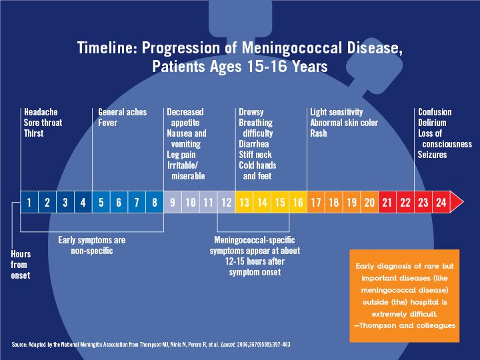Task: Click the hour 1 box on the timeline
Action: tap(29, 202)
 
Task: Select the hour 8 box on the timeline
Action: tap(155, 202)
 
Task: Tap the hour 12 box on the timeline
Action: tap(226, 202)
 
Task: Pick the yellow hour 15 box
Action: tap(280, 202)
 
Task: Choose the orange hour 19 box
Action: tap(351, 202)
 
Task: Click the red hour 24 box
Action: tap(441, 202)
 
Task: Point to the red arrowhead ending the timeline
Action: tap(457, 202)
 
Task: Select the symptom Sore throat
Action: tap(43, 123)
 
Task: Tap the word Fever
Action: tap(107, 123)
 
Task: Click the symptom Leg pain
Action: tap(182, 155)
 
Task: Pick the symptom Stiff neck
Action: tap(256, 155)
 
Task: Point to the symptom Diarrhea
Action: tap(253, 144)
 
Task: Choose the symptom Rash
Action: tap(319, 133)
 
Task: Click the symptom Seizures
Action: tap(433, 155)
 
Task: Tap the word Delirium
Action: tap(432, 123)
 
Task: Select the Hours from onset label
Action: tap(21, 265)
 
